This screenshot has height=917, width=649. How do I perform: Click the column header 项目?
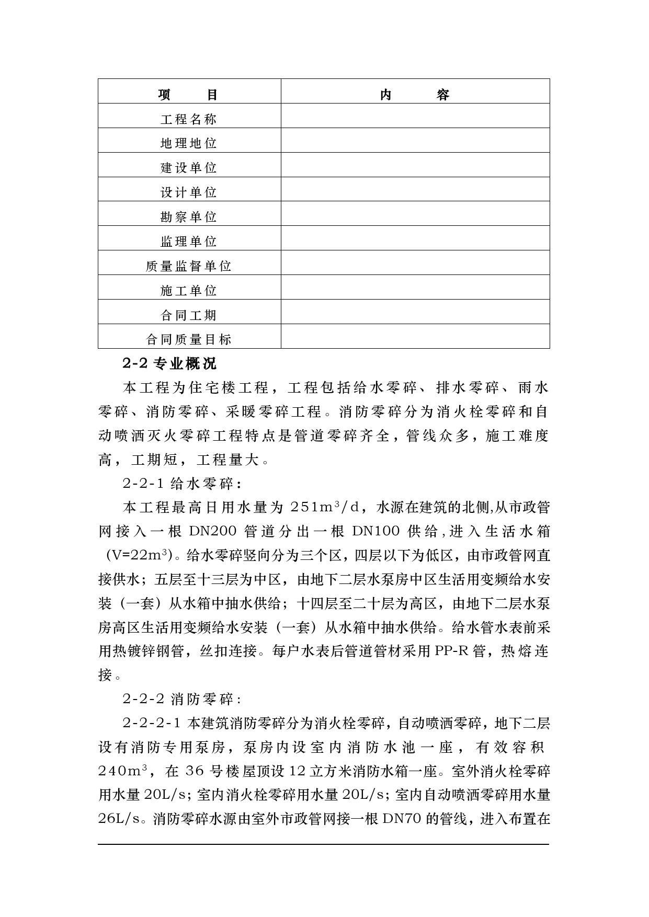coord(188,95)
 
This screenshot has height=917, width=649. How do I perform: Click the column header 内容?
coord(415,95)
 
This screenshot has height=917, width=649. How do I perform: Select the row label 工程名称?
coord(188,119)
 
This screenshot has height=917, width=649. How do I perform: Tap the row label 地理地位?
coord(188,143)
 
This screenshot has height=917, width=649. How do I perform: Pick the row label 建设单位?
coord(188,168)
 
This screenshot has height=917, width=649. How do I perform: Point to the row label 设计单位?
coord(188,192)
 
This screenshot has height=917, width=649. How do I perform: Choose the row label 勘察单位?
coord(188,217)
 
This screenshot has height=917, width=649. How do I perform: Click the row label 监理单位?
coord(188,242)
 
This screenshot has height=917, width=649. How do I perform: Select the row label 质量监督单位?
coord(188,266)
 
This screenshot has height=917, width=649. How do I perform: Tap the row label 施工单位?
coord(188,291)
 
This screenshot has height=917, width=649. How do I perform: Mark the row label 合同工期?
coord(188,315)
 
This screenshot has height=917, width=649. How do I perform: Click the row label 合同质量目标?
coord(188,339)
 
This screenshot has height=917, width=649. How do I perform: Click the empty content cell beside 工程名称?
coord(415,116)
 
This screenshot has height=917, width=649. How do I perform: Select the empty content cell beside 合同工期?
coord(415,312)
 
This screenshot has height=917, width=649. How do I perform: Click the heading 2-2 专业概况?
coord(169,363)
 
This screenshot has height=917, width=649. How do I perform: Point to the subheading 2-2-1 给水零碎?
coord(181,484)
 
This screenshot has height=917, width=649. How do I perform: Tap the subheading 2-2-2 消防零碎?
coord(181,699)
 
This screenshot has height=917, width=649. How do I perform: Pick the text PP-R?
coord(451,651)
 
